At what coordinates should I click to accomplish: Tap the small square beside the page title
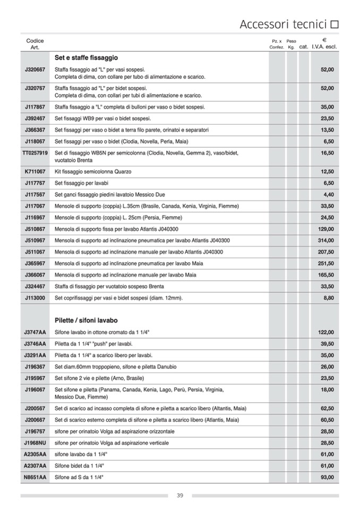[x=335, y=24]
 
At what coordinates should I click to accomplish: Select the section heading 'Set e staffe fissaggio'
[x=86, y=58]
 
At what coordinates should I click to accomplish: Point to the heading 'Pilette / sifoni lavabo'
[x=86, y=321]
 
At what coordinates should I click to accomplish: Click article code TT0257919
[x=35, y=153]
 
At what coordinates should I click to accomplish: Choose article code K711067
[x=35, y=172]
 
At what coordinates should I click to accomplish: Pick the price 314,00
[x=325, y=240]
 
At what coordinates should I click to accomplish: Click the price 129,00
[x=325, y=229]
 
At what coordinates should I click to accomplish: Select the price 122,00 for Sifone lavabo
[x=325, y=332]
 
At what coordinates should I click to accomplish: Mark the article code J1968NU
[x=35, y=443]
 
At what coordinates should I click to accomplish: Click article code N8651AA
[x=35, y=477]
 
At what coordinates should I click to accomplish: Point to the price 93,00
[x=327, y=477]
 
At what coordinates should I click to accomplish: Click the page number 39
[x=180, y=496]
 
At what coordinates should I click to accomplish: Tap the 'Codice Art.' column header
[x=35, y=44]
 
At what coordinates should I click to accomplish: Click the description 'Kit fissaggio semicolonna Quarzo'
[x=93, y=172]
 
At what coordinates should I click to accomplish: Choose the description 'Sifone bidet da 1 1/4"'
[x=79, y=465]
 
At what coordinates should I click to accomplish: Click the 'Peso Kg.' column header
[x=291, y=44]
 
